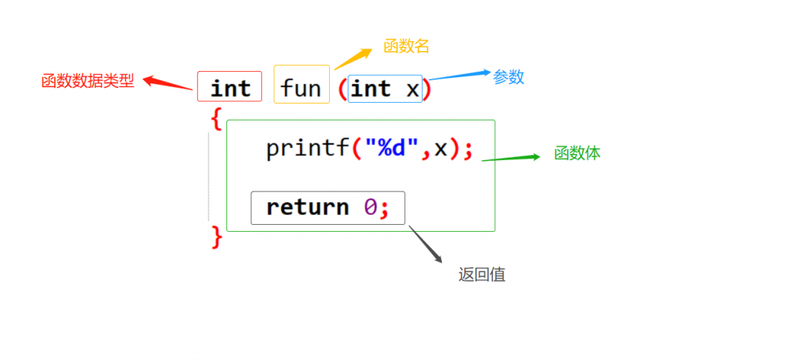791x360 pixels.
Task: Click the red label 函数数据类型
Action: coord(87,81)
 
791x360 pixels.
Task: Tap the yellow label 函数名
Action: coord(406,46)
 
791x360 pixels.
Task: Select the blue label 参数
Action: coord(508,77)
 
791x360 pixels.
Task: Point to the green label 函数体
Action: coord(577,154)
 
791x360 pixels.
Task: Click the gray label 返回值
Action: coord(481,275)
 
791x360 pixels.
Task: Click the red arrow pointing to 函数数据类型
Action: coord(167,83)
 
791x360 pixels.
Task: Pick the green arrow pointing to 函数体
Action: coord(510,158)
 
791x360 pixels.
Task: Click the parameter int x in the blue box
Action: coord(385,90)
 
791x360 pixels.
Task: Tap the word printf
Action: coord(307,148)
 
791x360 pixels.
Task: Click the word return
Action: coord(307,207)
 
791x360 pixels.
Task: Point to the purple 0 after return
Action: coord(370,207)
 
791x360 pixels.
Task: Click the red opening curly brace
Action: coord(216,119)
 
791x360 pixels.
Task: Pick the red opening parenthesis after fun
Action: coord(342,90)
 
